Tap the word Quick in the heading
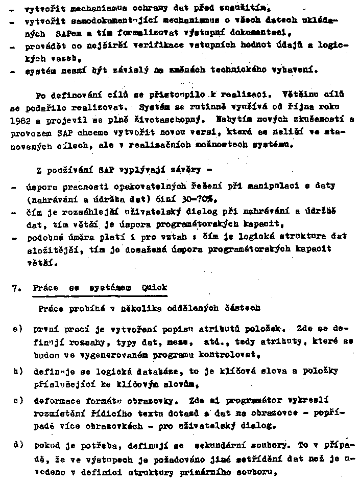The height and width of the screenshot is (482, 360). [154, 288]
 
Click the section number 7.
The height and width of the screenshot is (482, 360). [16, 288]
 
